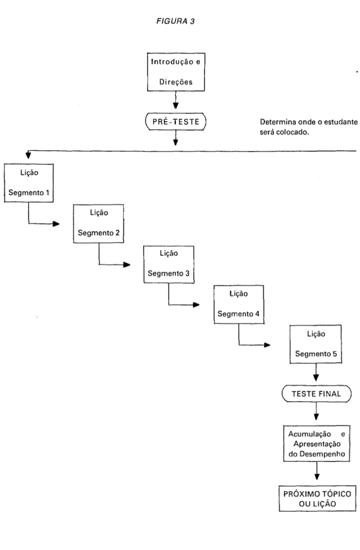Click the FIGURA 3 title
[175, 21]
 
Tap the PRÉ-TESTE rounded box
[175, 122]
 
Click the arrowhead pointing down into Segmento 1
[28, 155]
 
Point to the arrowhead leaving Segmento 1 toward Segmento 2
[56, 224]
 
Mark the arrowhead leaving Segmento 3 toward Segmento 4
[196, 305]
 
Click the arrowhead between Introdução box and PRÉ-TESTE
[175, 105]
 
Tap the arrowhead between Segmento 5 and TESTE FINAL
[316, 377]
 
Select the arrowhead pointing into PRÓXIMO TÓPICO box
[317, 477]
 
